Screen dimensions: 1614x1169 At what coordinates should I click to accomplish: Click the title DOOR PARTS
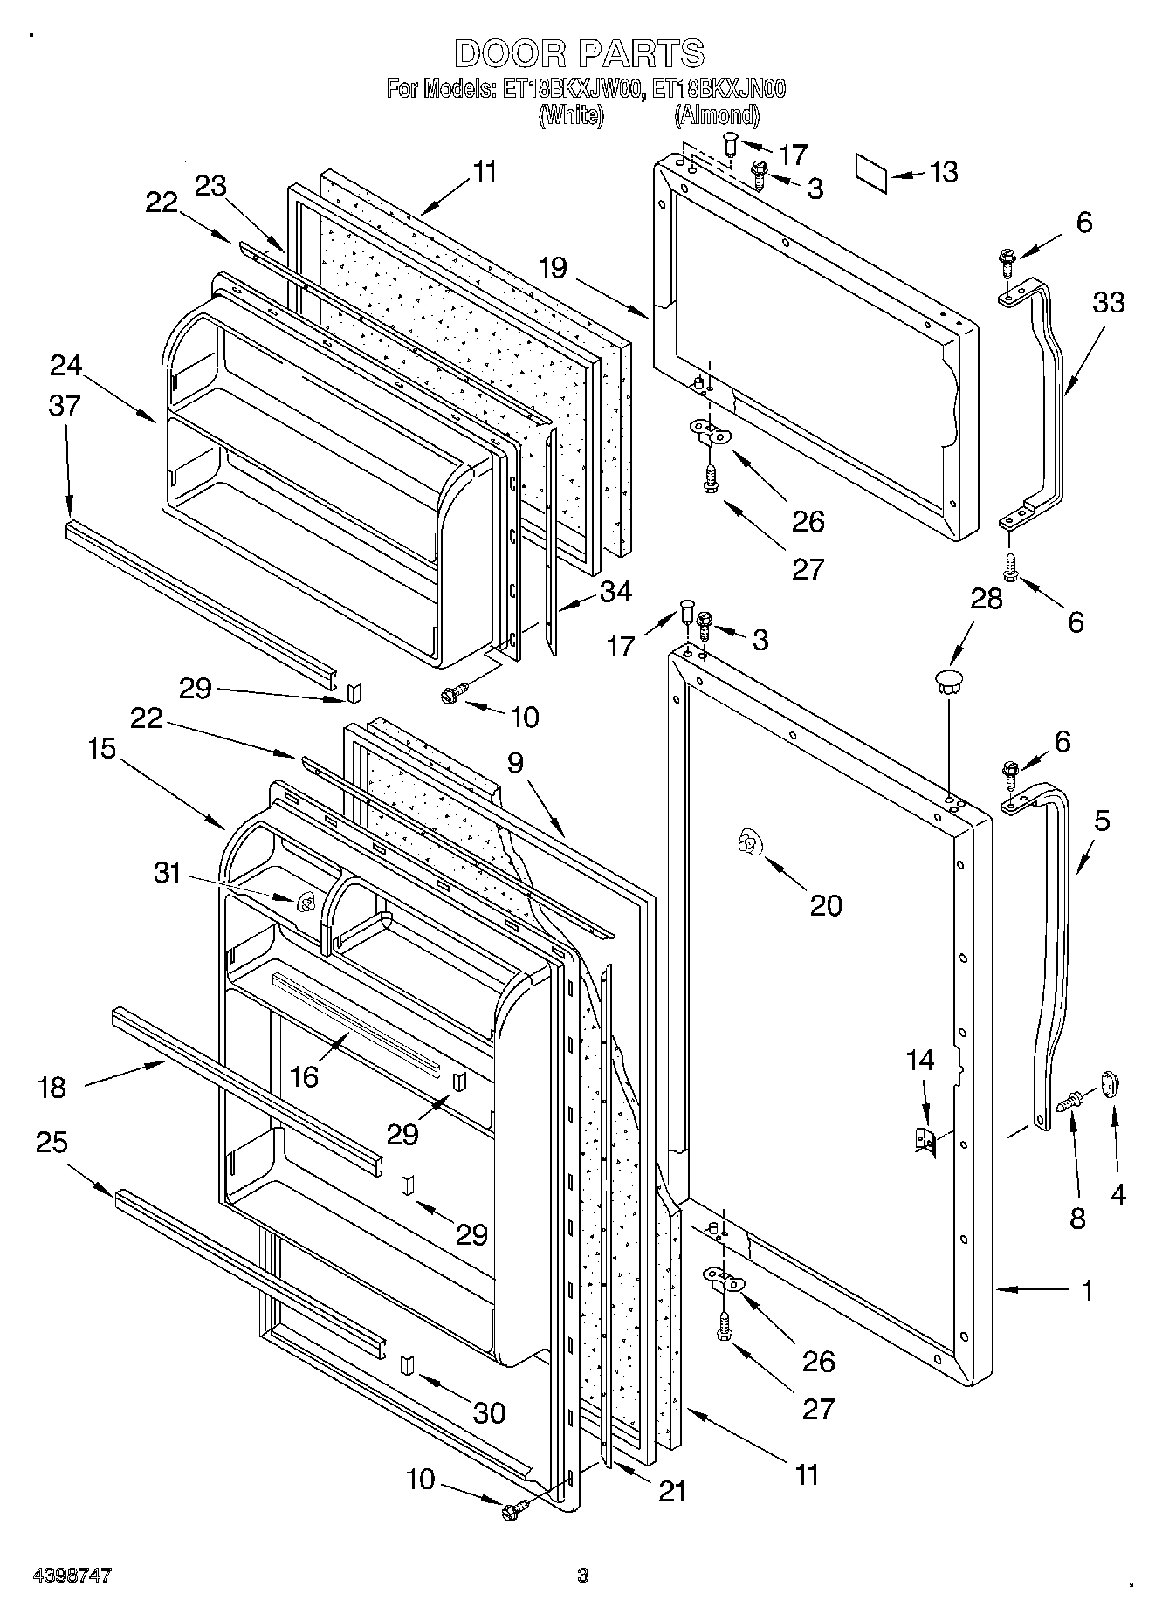(579, 54)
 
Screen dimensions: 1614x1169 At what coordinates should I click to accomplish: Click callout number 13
(943, 172)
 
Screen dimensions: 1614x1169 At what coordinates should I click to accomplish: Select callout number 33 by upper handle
(1109, 303)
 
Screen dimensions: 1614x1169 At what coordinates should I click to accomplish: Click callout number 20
(826, 905)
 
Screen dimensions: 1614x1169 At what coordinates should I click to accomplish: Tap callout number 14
(920, 1061)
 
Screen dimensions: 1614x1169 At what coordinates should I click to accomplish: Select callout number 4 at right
(1117, 1195)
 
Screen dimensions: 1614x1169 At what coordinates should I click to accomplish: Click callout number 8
(1078, 1219)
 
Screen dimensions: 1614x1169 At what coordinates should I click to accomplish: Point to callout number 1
(1087, 1291)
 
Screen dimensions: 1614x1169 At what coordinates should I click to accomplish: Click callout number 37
(65, 405)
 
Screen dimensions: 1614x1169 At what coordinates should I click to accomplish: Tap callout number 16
(304, 1076)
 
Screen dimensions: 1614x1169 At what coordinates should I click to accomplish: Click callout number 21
(672, 1491)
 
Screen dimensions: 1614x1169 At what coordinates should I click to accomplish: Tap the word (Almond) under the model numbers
(716, 114)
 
